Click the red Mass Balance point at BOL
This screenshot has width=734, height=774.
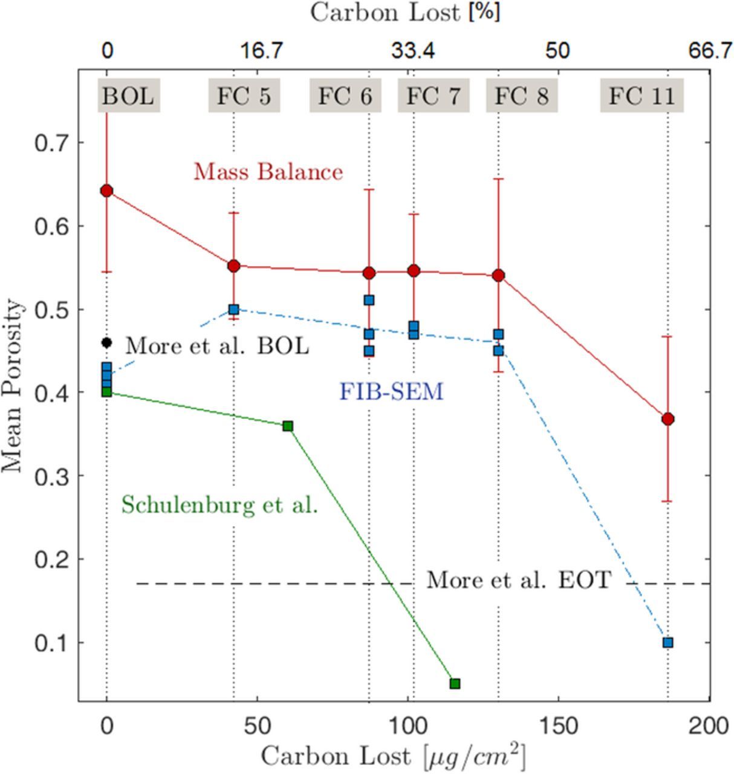(107, 191)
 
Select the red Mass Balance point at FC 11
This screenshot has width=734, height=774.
(667, 419)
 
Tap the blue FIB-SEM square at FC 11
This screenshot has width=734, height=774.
(667, 642)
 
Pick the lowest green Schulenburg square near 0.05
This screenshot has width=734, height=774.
(455, 683)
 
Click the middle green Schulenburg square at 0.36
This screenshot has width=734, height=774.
(288, 426)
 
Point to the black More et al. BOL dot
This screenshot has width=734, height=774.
(107, 343)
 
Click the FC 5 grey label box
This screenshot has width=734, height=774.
(244, 97)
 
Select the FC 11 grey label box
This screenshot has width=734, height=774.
(641, 97)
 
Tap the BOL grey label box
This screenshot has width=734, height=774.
(128, 97)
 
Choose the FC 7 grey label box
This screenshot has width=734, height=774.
(433, 97)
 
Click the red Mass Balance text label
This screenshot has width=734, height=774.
(268, 172)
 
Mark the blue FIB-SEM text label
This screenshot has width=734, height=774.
(391, 392)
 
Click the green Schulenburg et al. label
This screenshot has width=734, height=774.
(219, 504)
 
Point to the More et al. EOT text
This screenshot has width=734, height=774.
(519, 580)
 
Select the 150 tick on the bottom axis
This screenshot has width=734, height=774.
(557, 725)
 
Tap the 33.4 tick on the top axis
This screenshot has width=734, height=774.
(412, 51)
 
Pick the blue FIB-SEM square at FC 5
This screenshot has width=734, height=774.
(234, 310)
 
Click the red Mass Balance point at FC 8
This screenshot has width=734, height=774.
(498, 276)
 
